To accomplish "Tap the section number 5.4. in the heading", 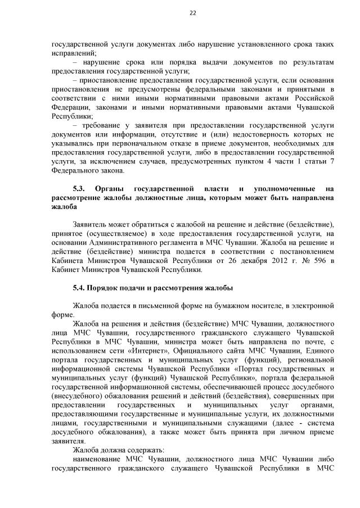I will (x=80, y=288).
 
